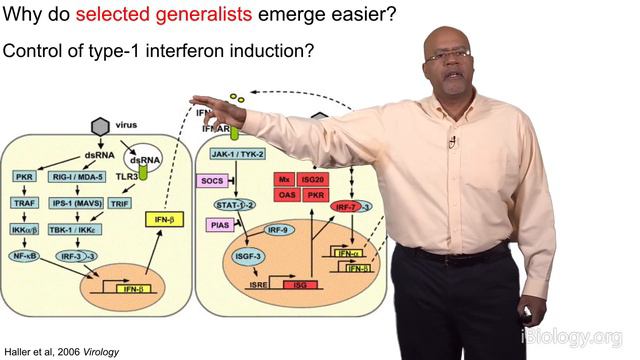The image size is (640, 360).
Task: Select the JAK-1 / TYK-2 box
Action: point(237,155)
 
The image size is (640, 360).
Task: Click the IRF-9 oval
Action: point(281,231)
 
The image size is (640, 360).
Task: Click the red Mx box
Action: point(285,177)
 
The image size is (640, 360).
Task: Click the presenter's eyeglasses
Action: point(448,55)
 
